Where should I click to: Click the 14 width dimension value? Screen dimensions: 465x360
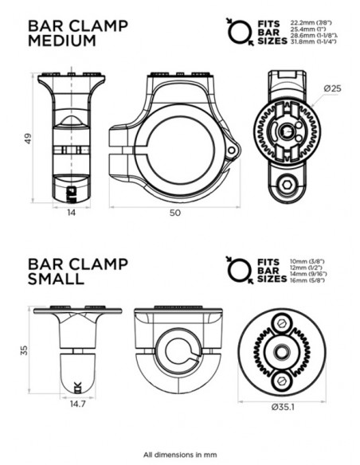(x=72, y=213)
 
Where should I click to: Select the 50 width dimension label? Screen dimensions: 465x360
(x=175, y=213)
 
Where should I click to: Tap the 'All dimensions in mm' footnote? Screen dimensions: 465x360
(x=181, y=451)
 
